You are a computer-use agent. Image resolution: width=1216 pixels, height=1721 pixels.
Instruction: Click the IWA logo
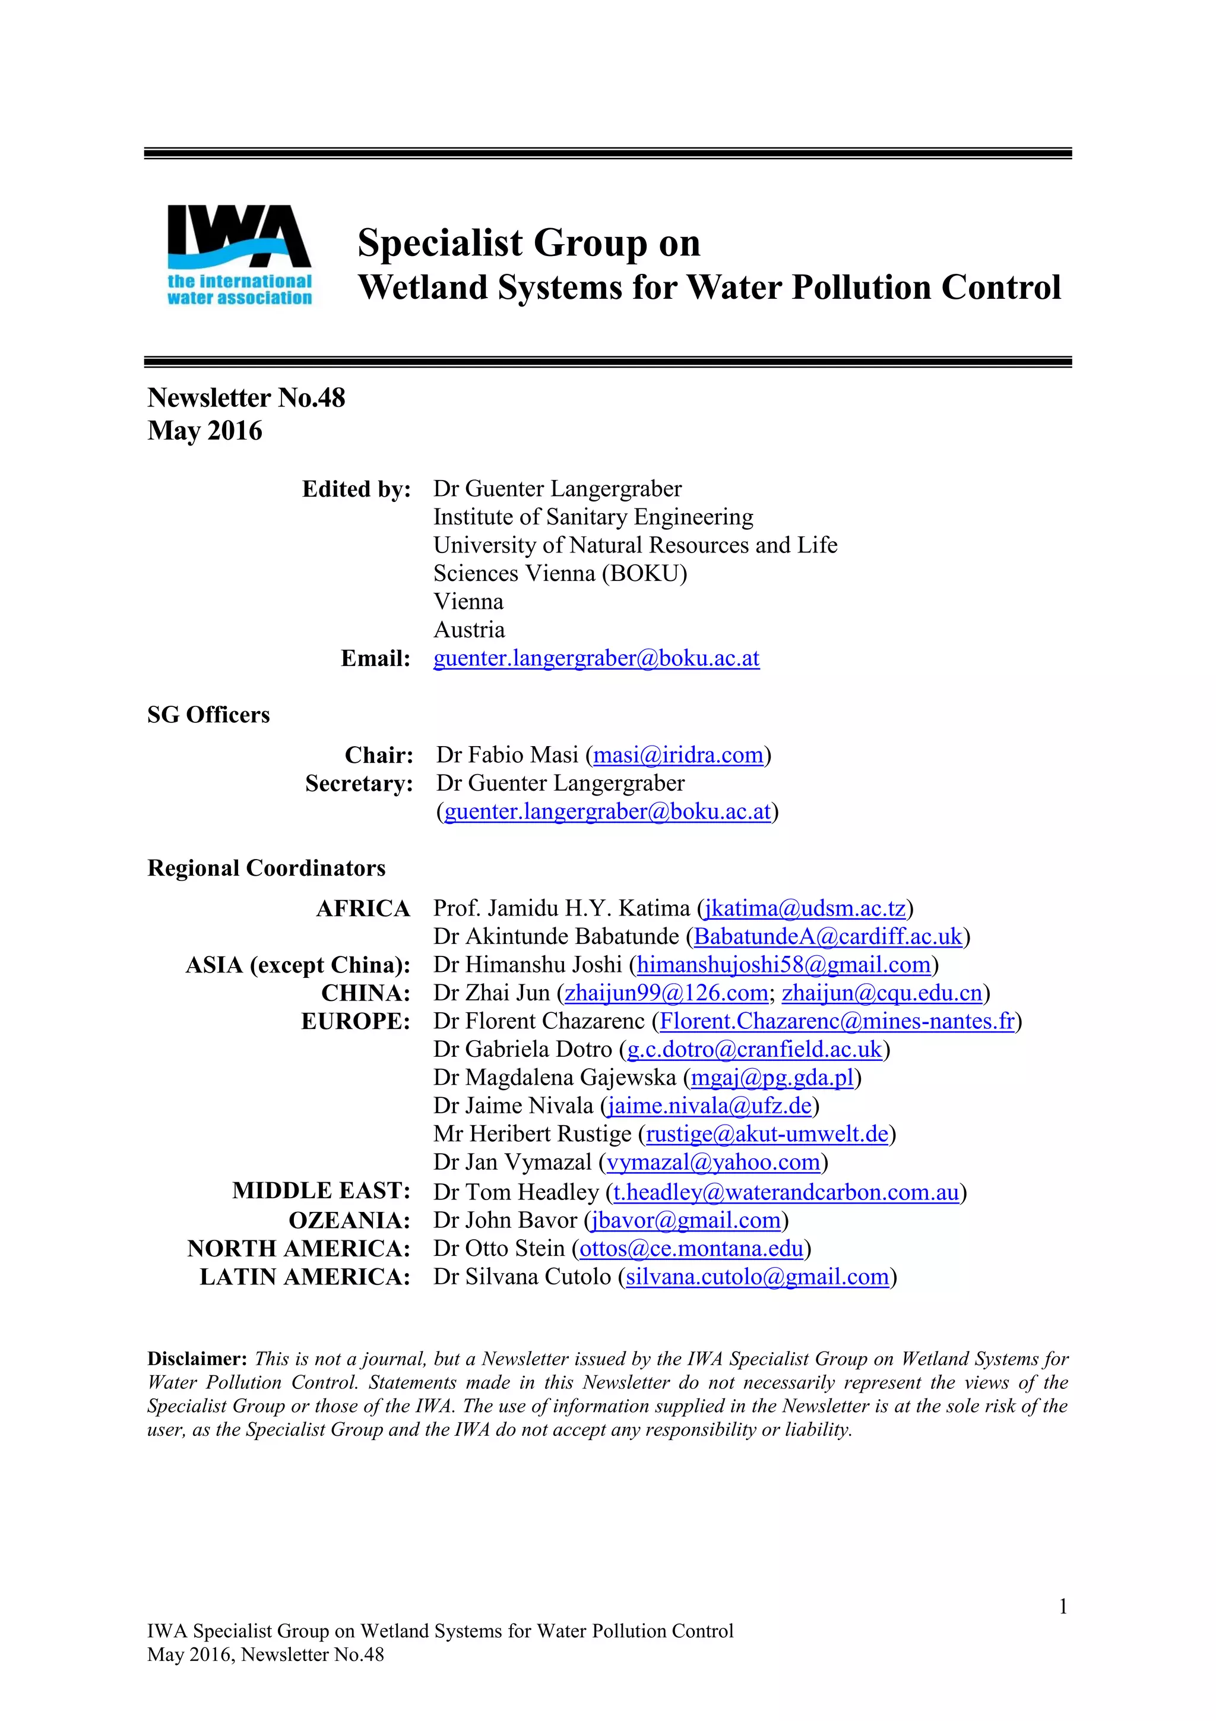point(239,255)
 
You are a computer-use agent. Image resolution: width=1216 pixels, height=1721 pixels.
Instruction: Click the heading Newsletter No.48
point(246,398)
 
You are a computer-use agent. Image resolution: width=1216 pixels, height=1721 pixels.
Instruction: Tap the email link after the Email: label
point(596,658)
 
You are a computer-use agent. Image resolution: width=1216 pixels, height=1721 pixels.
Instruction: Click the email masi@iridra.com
point(678,755)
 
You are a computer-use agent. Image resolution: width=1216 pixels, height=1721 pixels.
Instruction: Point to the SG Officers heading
point(208,715)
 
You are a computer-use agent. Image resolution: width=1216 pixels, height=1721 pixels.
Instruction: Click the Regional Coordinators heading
point(266,868)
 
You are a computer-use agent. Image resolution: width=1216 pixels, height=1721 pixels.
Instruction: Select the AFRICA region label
point(363,908)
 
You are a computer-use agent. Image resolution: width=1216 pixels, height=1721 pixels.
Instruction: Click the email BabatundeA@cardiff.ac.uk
point(828,937)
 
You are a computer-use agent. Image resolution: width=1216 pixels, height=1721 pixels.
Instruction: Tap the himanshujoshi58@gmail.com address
point(784,965)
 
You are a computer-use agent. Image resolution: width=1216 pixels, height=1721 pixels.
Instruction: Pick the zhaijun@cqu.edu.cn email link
point(882,993)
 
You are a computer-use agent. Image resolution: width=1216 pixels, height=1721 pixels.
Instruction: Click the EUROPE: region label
point(356,1022)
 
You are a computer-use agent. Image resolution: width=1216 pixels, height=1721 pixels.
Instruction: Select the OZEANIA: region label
point(350,1220)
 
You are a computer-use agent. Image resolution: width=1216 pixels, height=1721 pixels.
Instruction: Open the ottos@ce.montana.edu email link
point(692,1249)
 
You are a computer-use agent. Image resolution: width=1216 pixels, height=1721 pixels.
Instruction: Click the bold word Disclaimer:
point(197,1359)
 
